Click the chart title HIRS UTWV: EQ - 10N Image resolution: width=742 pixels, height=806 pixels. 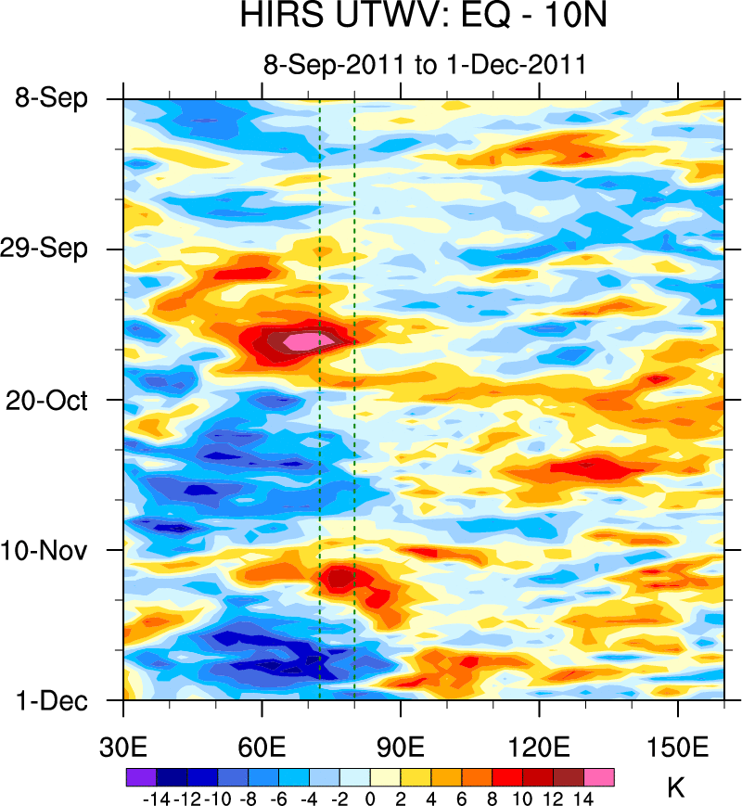tap(423, 19)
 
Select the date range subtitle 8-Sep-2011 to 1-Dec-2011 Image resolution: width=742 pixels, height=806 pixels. tap(423, 65)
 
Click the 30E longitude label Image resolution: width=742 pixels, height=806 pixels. tap(124, 747)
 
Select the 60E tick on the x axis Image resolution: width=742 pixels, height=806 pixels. tap(262, 747)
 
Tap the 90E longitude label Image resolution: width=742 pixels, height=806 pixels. tap(401, 747)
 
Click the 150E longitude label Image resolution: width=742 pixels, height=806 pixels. tap(678, 747)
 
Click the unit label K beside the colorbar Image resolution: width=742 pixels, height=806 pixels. tap(676, 788)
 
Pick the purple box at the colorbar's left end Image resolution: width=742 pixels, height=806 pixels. tap(141, 776)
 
